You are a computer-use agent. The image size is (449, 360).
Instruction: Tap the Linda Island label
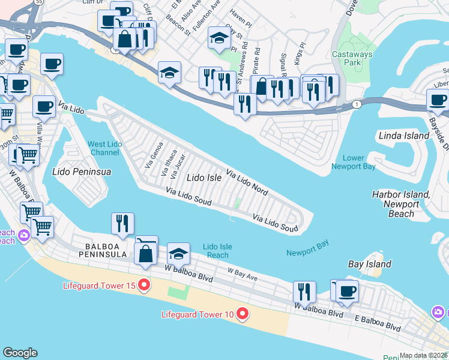404,136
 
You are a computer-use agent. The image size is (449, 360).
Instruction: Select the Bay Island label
370,264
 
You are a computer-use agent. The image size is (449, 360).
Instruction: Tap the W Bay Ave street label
242,274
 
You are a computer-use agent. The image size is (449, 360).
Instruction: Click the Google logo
20,353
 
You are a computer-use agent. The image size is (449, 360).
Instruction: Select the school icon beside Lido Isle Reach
178,253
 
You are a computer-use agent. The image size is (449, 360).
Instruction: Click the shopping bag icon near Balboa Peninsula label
146,252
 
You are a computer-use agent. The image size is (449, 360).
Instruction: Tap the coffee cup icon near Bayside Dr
438,100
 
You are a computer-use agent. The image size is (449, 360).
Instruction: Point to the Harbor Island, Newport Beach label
401,204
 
